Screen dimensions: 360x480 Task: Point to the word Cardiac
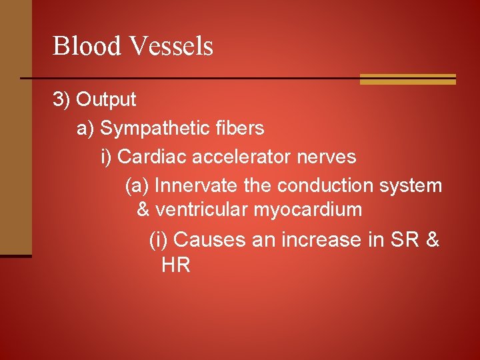[x=153, y=157]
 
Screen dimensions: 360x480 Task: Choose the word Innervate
[x=190, y=185]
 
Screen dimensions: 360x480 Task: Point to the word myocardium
[x=307, y=211]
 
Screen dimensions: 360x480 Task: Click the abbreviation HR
[x=176, y=265]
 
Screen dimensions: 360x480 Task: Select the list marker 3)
[x=62, y=100]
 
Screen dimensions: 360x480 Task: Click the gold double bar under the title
[x=407, y=79]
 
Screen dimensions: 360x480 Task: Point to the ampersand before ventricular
[x=143, y=210]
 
